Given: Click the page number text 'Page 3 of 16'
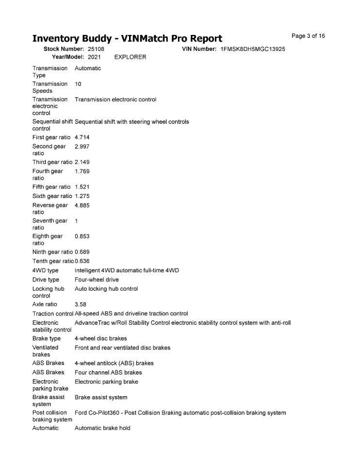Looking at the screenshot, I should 308,36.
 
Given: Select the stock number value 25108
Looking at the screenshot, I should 96,49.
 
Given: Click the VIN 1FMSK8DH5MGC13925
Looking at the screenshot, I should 252,49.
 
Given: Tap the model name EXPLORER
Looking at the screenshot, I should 130,57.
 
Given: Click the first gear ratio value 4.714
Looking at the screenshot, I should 82,137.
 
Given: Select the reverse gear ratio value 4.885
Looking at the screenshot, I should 82,205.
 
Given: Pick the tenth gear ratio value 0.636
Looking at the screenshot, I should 82,261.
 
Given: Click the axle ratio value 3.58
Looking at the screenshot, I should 81,304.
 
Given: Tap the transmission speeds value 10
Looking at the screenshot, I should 78,84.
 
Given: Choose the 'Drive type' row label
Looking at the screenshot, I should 46,280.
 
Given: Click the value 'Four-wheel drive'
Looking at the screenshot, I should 97,280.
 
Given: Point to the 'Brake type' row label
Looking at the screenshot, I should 47,338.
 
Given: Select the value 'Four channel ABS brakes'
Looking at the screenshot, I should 108,373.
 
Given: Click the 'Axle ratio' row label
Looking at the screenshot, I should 45,304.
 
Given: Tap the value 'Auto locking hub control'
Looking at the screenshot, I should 106,289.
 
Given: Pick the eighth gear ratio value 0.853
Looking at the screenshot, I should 82,236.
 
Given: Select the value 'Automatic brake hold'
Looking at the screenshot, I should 102,428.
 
